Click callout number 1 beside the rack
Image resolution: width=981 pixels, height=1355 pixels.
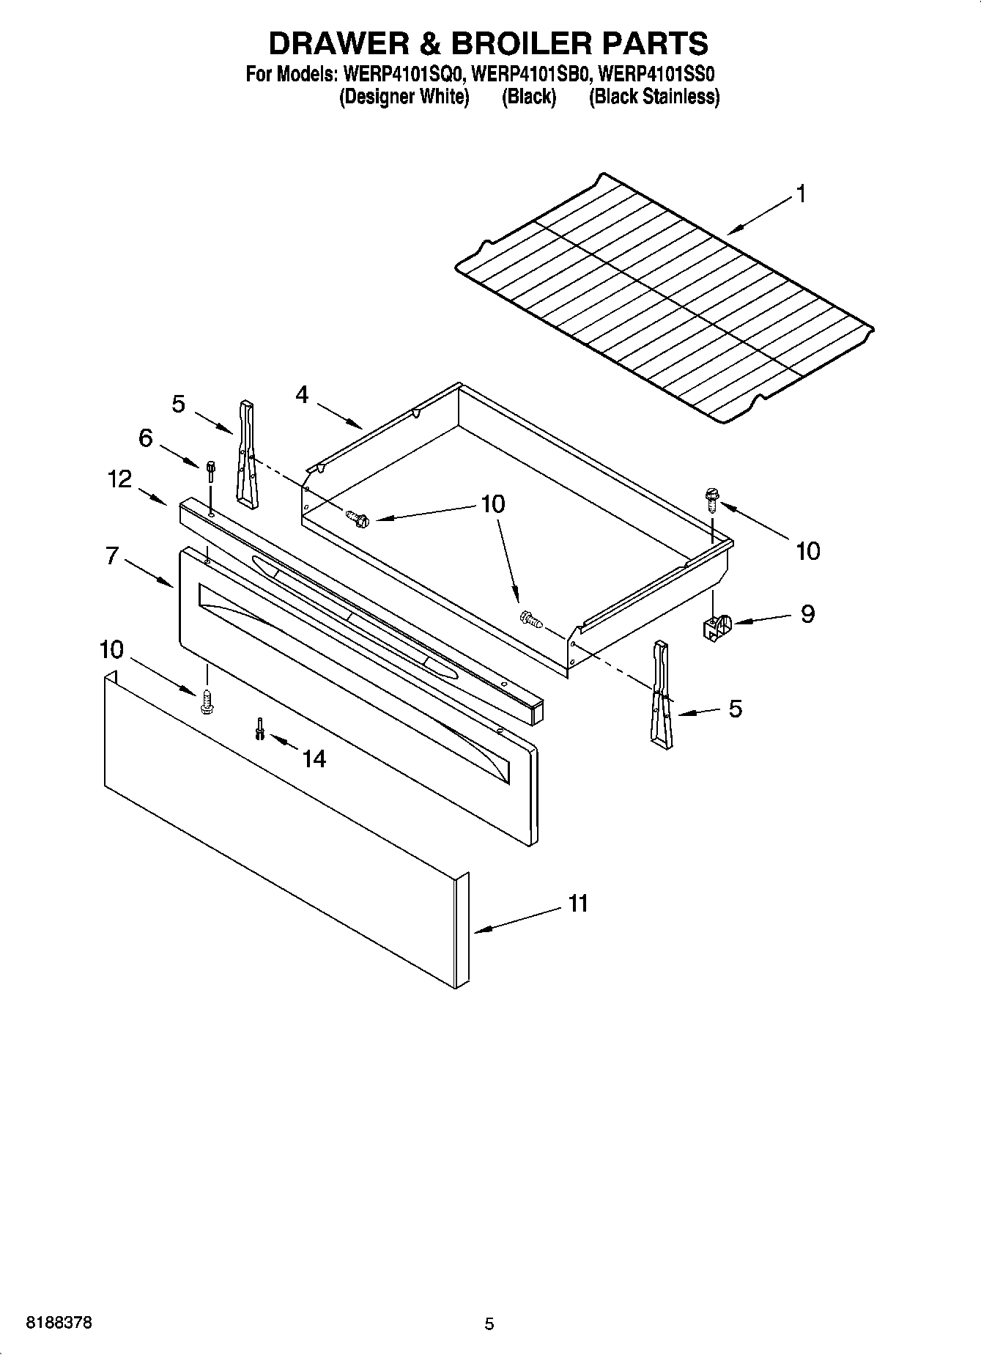(x=802, y=194)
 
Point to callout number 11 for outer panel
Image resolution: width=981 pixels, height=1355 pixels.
(x=578, y=904)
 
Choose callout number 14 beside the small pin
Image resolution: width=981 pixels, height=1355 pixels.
(x=314, y=758)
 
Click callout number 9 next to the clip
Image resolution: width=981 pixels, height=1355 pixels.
(x=807, y=613)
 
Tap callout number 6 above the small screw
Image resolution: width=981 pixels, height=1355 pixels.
(x=146, y=438)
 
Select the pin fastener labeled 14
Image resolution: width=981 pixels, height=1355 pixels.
(x=259, y=728)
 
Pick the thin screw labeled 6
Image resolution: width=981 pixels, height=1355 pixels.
(x=211, y=470)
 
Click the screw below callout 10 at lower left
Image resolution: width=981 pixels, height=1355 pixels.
(x=206, y=702)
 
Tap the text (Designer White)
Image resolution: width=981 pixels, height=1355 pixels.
(x=404, y=97)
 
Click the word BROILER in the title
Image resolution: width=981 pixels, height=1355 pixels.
(x=521, y=44)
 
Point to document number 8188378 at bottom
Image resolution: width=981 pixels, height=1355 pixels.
(x=59, y=1323)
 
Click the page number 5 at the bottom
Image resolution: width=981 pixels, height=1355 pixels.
(x=489, y=1324)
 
